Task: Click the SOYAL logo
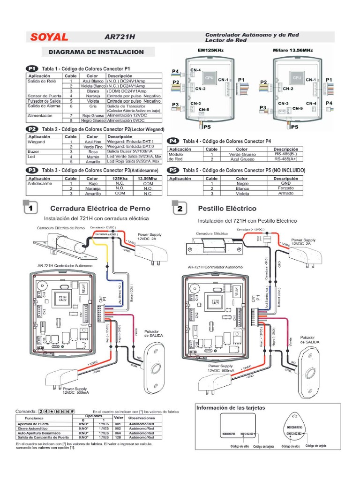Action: [50, 37]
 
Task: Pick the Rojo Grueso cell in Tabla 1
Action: [92, 115]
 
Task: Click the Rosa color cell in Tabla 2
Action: [93, 152]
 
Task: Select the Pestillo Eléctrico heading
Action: [227, 208]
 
